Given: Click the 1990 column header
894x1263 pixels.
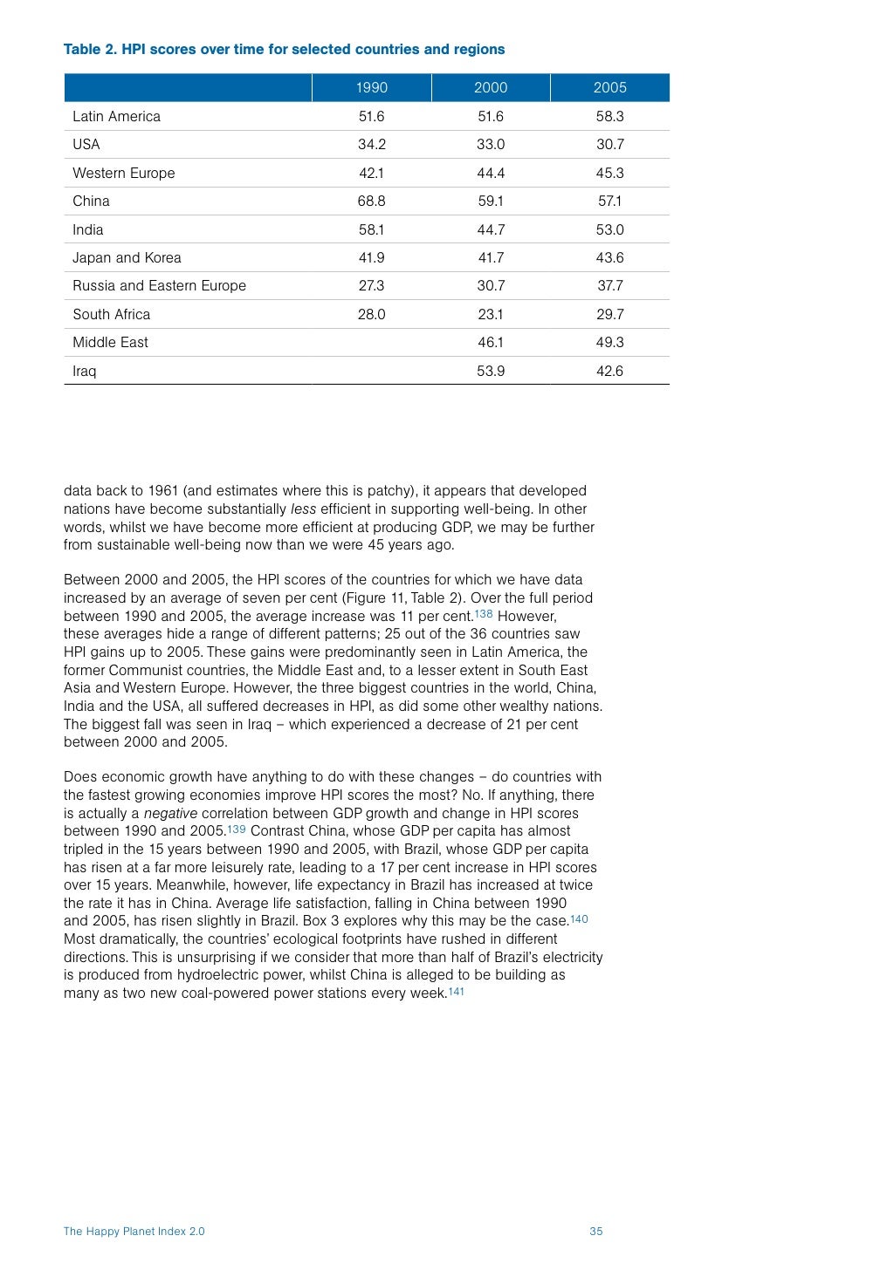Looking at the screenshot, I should [371, 87].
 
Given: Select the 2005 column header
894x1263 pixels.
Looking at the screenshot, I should [609, 87].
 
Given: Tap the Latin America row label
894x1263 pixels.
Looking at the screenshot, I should [116, 116].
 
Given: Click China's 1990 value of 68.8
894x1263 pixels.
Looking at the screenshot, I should [371, 201].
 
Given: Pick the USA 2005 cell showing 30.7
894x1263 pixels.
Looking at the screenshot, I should [609, 144].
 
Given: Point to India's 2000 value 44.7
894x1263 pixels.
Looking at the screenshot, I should [491, 229].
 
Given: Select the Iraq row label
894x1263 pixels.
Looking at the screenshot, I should [85, 371].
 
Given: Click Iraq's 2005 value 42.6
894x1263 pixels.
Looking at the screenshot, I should [609, 371].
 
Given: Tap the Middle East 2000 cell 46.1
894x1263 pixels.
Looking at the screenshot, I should [491, 342].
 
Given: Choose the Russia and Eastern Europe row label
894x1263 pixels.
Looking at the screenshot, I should [159, 285].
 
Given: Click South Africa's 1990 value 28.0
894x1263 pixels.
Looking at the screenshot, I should [371, 314].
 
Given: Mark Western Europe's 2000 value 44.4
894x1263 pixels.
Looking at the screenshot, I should [491, 173].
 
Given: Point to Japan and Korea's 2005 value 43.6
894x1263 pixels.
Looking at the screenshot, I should [609, 257].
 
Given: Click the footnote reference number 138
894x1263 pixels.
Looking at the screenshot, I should [484, 614].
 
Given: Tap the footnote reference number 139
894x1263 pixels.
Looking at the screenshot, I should [237, 829].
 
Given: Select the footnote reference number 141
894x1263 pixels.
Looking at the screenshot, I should [456, 992].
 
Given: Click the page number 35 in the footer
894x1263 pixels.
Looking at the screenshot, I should [596, 1232].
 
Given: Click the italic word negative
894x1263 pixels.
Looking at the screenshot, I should [170, 813].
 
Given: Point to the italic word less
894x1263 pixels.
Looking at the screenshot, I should [303, 509].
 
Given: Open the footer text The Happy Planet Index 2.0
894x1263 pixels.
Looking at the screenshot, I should [134, 1232].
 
